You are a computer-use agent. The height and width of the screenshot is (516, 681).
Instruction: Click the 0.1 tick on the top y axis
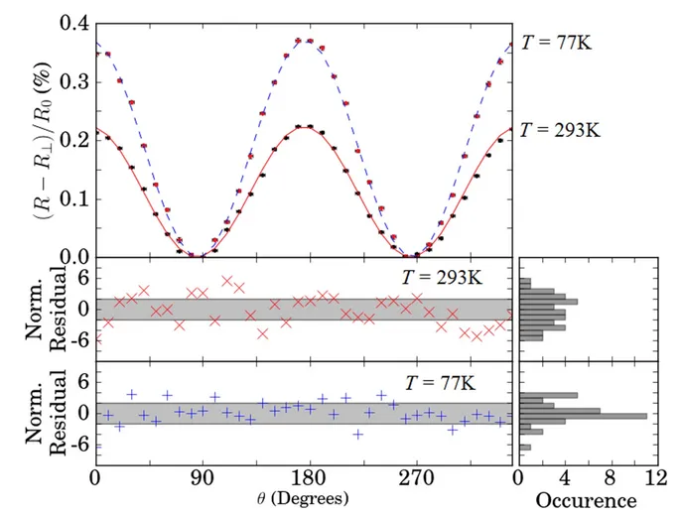pyautogui.click(x=73, y=197)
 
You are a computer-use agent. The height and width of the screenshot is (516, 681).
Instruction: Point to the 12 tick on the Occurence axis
pyautogui.click(x=653, y=476)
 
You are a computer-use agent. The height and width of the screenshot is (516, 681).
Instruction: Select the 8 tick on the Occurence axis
pyautogui.click(x=609, y=476)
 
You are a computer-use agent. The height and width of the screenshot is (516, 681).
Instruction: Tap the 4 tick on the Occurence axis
pyautogui.click(x=564, y=476)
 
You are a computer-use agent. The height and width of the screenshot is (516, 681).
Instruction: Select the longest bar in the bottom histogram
pyautogui.click(x=583, y=415)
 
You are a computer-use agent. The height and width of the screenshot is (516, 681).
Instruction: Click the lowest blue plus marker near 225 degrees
pyautogui.click(x=357, y=435)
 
